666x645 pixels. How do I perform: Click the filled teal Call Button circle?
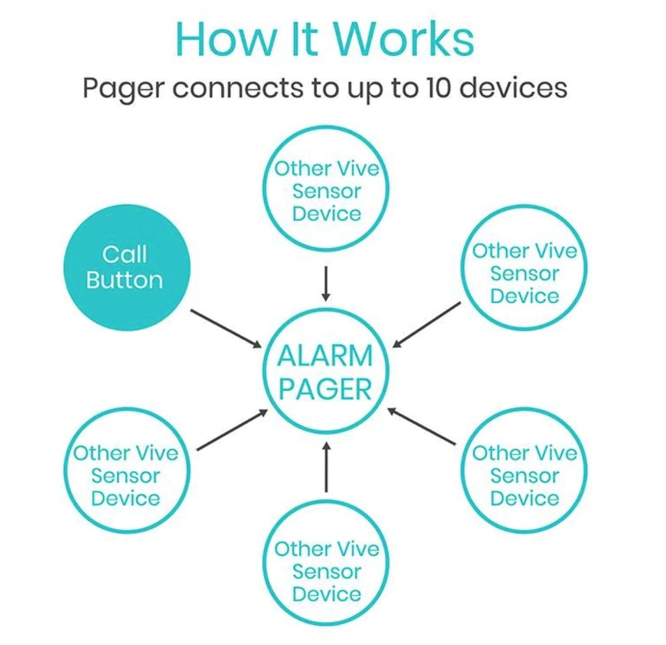[124, 267]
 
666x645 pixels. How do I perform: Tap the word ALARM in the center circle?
[325, 356]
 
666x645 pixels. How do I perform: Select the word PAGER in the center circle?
[325, 390]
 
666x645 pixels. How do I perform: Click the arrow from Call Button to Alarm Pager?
[225, 328]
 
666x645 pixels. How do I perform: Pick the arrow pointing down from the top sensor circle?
[326, 283]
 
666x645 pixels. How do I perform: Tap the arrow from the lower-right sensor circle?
[421, 427]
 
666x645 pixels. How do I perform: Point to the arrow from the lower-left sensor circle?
[232, 430]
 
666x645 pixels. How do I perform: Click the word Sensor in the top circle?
[326, 191]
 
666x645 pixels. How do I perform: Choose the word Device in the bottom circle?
[326, 594]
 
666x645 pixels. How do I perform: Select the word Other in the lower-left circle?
[97, 453]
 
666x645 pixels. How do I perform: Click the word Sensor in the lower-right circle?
[524, 476]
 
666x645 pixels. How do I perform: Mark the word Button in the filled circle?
[124, 280]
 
